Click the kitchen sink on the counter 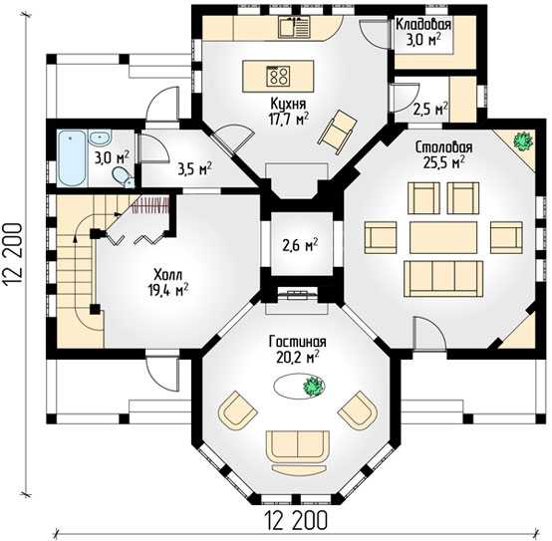[x=295, y=27]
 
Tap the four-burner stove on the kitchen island [x=278, y=76]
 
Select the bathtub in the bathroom [x=72, y=157]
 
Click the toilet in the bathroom [x=124, y=177]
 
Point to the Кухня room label [x=288, y=104]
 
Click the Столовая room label [x=443, y=147]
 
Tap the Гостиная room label [x=298, y=342]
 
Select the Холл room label [x=167, y=274]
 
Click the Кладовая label [x=423, y=25]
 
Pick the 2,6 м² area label [x=300, y=245]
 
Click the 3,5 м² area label [x=194, y=169]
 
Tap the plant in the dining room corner [x=522, y=141]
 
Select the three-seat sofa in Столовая [x=443, y=279]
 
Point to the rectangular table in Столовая [x=443, y=237]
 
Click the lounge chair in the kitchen [x=337, y=132]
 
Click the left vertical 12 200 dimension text [x=13, y=254]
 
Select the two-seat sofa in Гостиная [x=298, y=445]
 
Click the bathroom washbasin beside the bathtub [x=100, y=137]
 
